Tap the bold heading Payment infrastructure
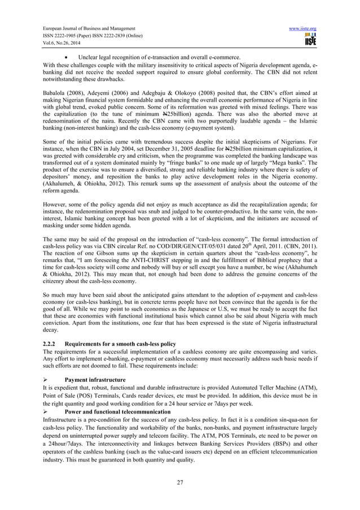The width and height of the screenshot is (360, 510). [x=95, y=379]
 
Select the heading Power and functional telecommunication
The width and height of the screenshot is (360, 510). [x=117, y=412]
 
